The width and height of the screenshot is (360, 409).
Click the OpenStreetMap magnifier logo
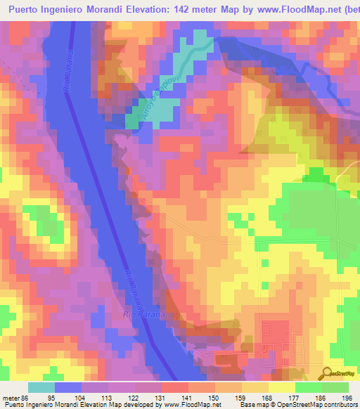click(x=328, y=373)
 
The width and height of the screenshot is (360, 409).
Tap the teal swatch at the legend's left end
click(x=41, y=387)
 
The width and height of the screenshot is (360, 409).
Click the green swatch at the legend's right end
click(x=335, y=387)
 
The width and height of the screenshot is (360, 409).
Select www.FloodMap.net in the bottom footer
click(x=191, y=404)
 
